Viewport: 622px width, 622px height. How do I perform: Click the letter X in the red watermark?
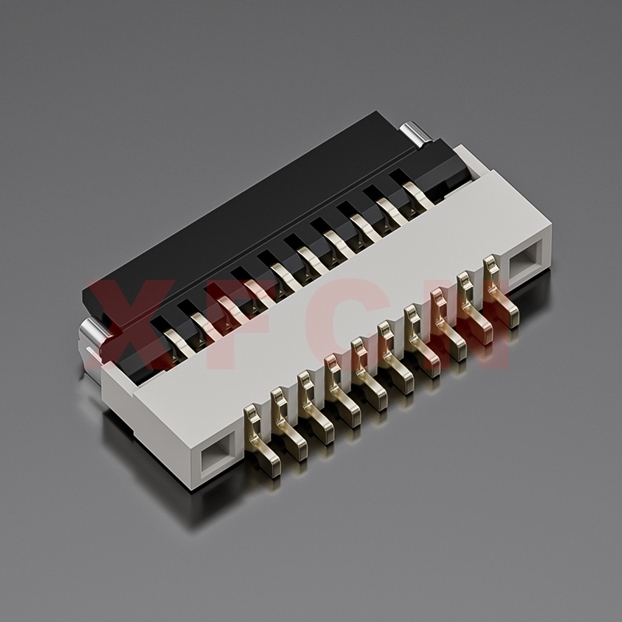click(x=131, y=323)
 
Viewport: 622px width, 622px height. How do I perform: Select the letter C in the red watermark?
click(x=349, y=324)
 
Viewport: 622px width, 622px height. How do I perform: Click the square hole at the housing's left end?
click(x=216, y=457)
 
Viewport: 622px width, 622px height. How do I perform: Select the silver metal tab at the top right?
click(x=416, y=134)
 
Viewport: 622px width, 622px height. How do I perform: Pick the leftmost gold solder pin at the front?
click(x=261, y=439)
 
